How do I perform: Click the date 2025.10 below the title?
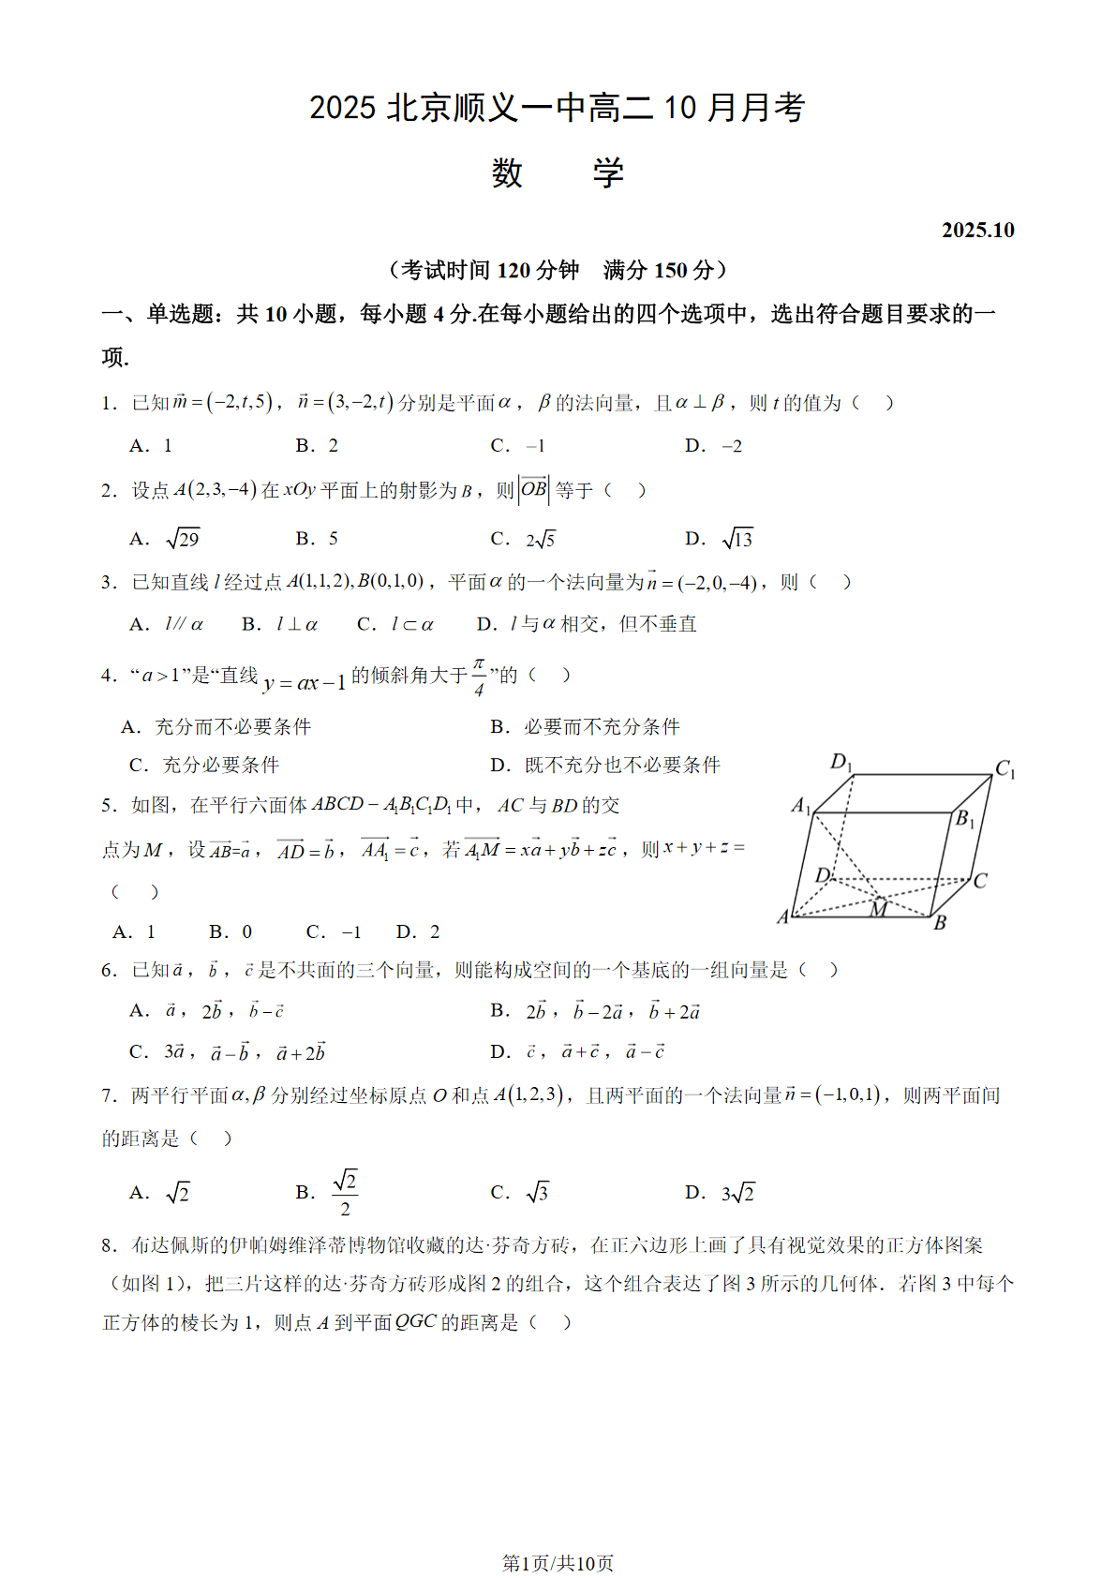point(977,231)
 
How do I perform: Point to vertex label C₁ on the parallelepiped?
point(1004,769)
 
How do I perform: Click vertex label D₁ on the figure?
point(841,762)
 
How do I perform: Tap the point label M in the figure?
point(878,908)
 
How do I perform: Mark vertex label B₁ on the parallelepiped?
point(964,819)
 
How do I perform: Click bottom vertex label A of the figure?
point(783,917)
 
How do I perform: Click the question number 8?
point(110,1245)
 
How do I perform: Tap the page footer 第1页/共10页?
point(558,1562)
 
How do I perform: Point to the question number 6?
point(110,971)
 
